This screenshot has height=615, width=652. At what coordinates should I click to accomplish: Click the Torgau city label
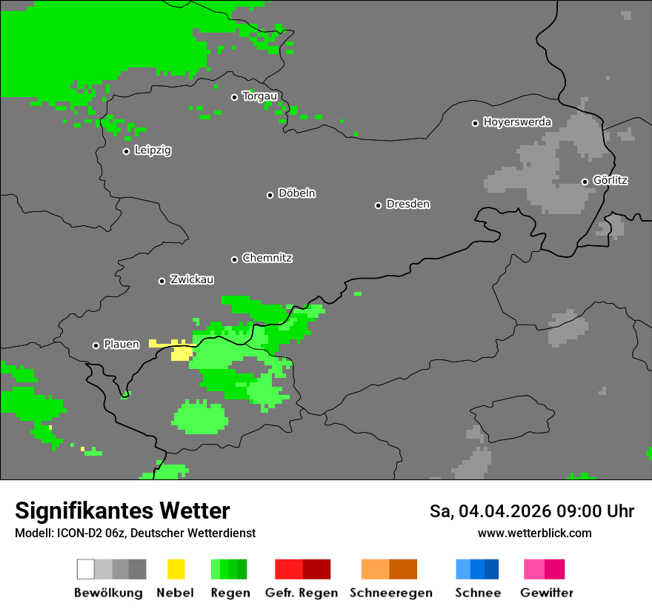tap(259, 96)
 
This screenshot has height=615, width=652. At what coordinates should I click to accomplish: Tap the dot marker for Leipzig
tap(126, 151)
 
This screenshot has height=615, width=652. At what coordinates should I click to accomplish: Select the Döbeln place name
tap(296, 193)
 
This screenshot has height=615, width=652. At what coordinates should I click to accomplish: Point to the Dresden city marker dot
tap(378, 205)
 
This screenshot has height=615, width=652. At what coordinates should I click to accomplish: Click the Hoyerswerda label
tap(517, 122)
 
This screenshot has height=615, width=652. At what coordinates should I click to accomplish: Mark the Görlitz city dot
tap(585, 182)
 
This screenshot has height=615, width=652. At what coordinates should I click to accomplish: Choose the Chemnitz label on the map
tap(267, 259)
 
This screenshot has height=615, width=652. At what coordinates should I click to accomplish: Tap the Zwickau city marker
tap(162, 281)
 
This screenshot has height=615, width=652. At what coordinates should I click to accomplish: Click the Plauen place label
tap(122, 345)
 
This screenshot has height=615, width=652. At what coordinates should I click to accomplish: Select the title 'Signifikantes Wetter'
tap(122, 511)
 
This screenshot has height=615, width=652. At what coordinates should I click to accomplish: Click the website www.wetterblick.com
tap(534, 533)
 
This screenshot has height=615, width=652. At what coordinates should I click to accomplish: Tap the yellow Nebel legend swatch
tap(176, 569)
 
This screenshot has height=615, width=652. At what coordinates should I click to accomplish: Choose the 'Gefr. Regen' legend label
tap(302, 593)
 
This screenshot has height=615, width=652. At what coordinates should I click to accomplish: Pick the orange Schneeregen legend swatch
tap(389, 569)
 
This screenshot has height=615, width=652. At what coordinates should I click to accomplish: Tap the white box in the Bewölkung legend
tap(86, 569)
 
